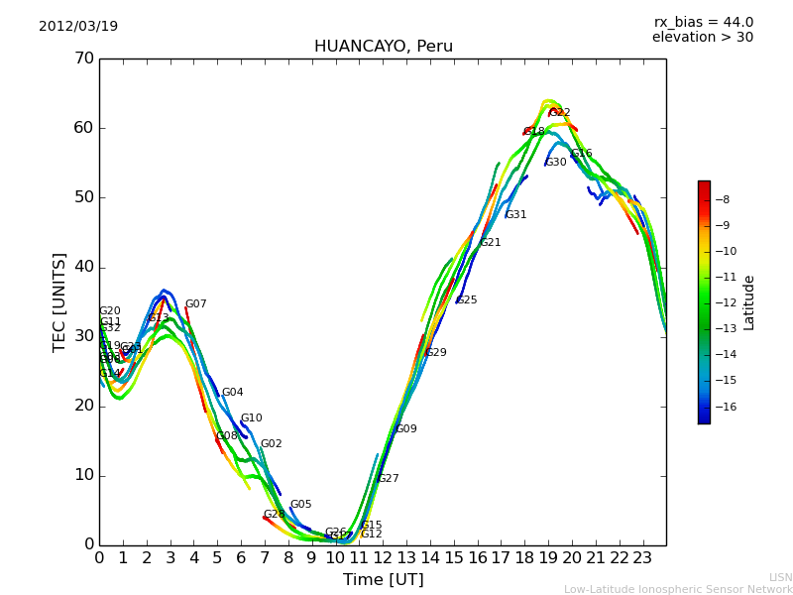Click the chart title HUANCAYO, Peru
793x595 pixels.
[x=383, y=47]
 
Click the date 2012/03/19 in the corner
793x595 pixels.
[x=78, y=27]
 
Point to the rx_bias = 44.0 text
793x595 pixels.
[x=703, y=22]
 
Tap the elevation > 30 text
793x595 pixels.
[x=702, y=38]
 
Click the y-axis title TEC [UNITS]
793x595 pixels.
[x=59, y=301]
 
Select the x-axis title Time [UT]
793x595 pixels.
[x=383, y=580]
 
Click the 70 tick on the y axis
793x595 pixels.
[x=83, y=59]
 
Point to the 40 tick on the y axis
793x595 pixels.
[x=83, y=267]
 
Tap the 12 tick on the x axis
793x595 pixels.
[x=383, y=558]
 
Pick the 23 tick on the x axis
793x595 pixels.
[x=642, y=558]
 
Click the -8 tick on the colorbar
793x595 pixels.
[x=724, y=199]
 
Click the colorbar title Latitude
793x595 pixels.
[x=749, y=302]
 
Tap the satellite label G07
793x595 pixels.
[x=196, y=304]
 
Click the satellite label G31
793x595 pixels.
[x=515, y=215]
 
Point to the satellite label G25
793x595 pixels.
[x=467, y=300]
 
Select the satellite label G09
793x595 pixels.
[x=406, y=429]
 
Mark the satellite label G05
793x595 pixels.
[x=300, y=505]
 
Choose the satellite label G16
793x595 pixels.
[x=582, y=154]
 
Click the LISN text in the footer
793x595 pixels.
[x=781, y=577]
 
